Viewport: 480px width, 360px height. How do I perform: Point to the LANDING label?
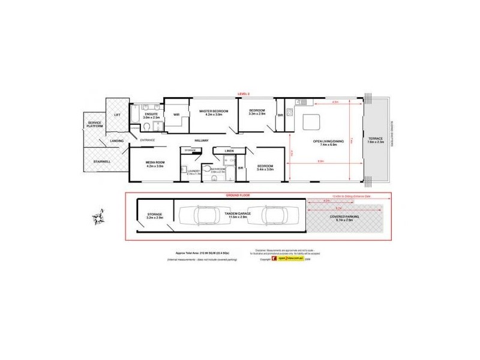click(118, 141)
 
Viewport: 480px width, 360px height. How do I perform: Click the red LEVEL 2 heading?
click(244, 94)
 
